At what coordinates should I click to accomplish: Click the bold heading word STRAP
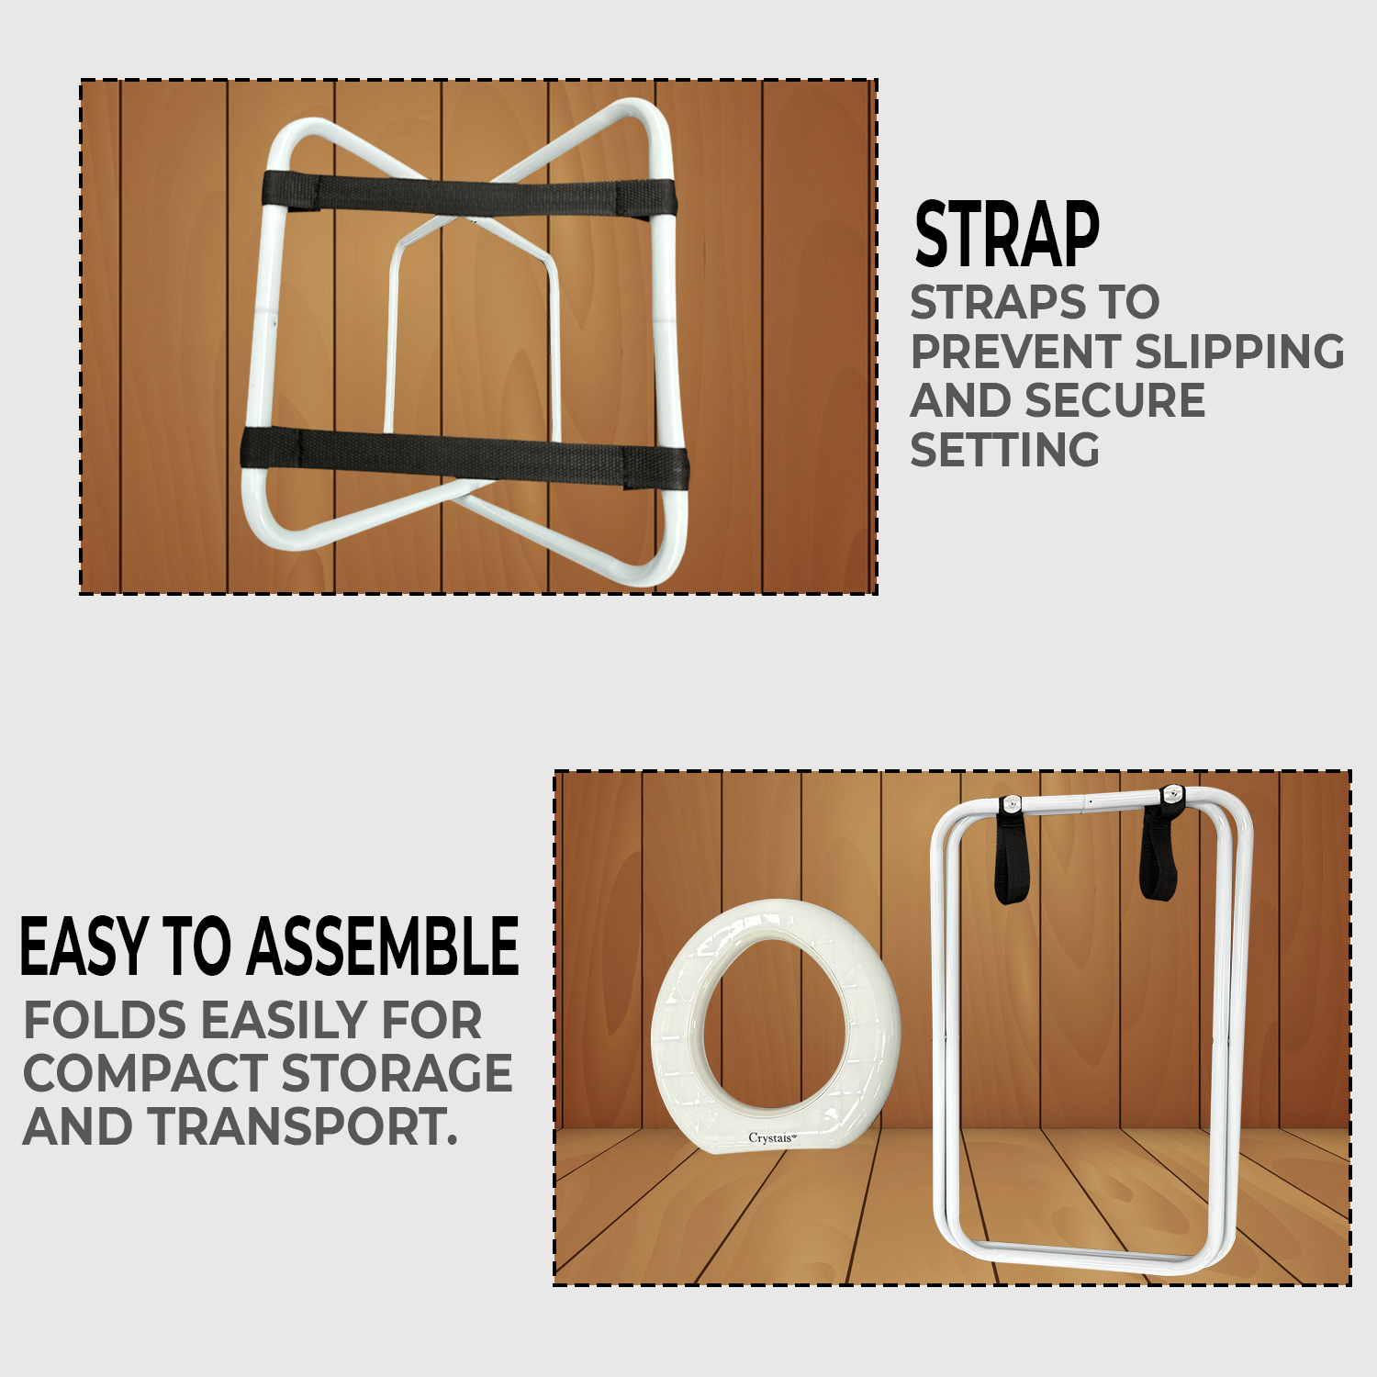pyautogui.click(x=1007, y=235)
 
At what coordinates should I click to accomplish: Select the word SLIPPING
pyautogui.click(x=1239, y=352)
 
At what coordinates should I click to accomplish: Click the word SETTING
pyautogui.click(x=1004, y=450)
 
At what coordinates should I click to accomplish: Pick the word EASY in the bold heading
pyautogui.click(x=84, y=946)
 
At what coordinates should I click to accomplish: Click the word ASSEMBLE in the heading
pyautogui.click(x=383, y=946)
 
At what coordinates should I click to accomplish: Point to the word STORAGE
pyautogui.click(x=397, y=1074)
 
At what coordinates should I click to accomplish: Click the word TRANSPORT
pyautogui.click(x=304, y=1127)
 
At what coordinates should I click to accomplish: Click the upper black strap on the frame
pyautogui.click(x=468, y=196)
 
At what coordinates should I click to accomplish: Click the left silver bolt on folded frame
pyautogui.click(x=1011, y=804)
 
